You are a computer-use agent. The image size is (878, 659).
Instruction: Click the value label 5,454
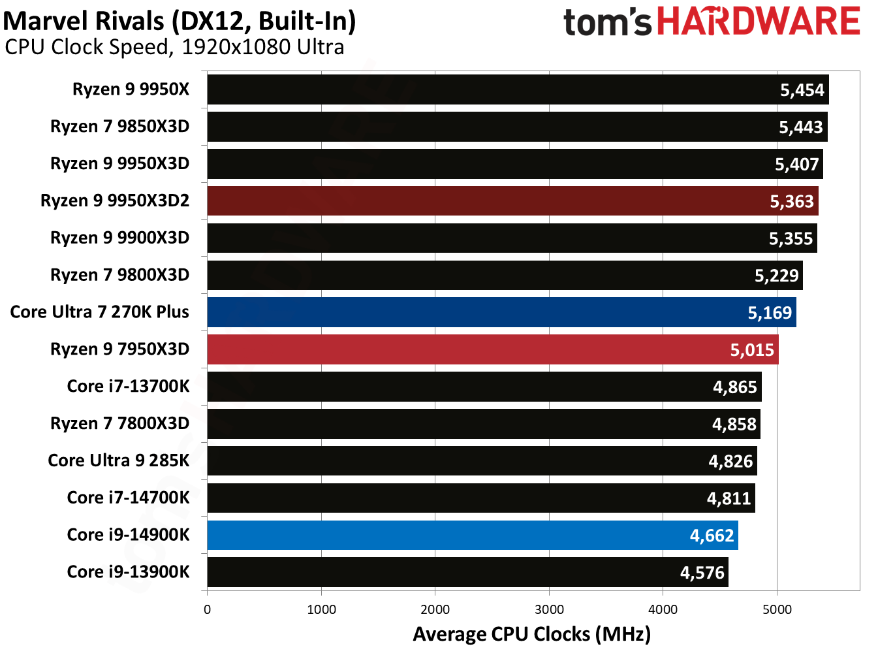click(802, 90)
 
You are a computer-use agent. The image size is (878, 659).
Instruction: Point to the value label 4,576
click(702, 573)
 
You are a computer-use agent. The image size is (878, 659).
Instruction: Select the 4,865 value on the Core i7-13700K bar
click(734, 387)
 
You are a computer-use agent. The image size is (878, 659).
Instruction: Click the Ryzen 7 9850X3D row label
click(119, 126)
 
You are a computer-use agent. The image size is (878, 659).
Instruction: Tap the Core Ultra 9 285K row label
click(118, 460)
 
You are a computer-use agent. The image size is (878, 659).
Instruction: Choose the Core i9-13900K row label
click(128, 572)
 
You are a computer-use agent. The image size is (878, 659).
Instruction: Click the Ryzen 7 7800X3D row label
click(119, 423)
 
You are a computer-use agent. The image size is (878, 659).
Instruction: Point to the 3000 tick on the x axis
click(549, 609)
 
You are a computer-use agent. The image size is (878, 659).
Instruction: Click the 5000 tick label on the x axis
click(777, 609)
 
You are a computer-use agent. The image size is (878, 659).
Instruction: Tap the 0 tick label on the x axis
click(208, 609)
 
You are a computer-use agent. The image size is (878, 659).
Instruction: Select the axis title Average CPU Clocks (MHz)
click(531, 634)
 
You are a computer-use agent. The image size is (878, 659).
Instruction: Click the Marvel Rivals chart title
click(180, 21)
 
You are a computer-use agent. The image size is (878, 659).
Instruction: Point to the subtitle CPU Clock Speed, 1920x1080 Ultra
click(174, 47)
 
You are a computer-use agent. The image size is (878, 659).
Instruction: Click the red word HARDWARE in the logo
click(758, 22)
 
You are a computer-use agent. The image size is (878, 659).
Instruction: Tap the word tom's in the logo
click(607, 23)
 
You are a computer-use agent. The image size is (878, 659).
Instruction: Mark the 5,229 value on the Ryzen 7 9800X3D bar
click(776, 276)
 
